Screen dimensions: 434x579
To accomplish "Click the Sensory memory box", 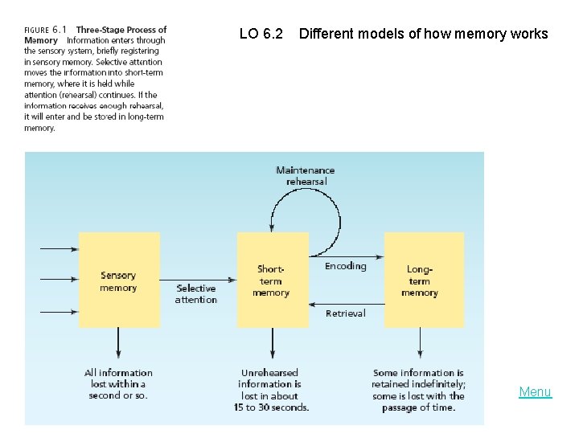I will pyautogui.click(x=119, y=280).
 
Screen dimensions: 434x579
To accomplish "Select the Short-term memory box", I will pyautogui.click(x=273, y=280).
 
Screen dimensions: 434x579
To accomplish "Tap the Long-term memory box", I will pyautogui.click(x=424, y=280).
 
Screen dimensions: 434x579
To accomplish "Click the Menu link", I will pyautogui.click(x=535, y=392).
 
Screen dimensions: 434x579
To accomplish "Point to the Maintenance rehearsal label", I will pyautogui.click(x=305, y=176).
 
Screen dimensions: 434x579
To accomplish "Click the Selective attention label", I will pyautogui.click(x=196, y=294).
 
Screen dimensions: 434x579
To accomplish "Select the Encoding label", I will pyautogui.click(x=345, y=266).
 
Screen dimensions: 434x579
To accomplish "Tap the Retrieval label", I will pyautogui.click(x=345, y=313).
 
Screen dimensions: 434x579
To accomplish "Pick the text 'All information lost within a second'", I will pyautogui.click(x=118, y=383).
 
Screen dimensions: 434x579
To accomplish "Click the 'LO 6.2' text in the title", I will pyautogui.click(x=261, y=34).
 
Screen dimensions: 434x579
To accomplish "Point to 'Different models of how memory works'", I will pyautogui.click(x=423, y=34).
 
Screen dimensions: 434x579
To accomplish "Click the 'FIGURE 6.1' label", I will pyautogui.click(x=45, y=31).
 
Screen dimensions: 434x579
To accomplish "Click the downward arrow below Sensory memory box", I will pyautogui.click(x=119, y=344).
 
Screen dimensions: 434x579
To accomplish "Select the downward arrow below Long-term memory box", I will pyautogui.click(x=419, y=344).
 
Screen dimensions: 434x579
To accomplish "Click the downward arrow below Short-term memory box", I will pyautogui.click(x=272, y=344).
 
